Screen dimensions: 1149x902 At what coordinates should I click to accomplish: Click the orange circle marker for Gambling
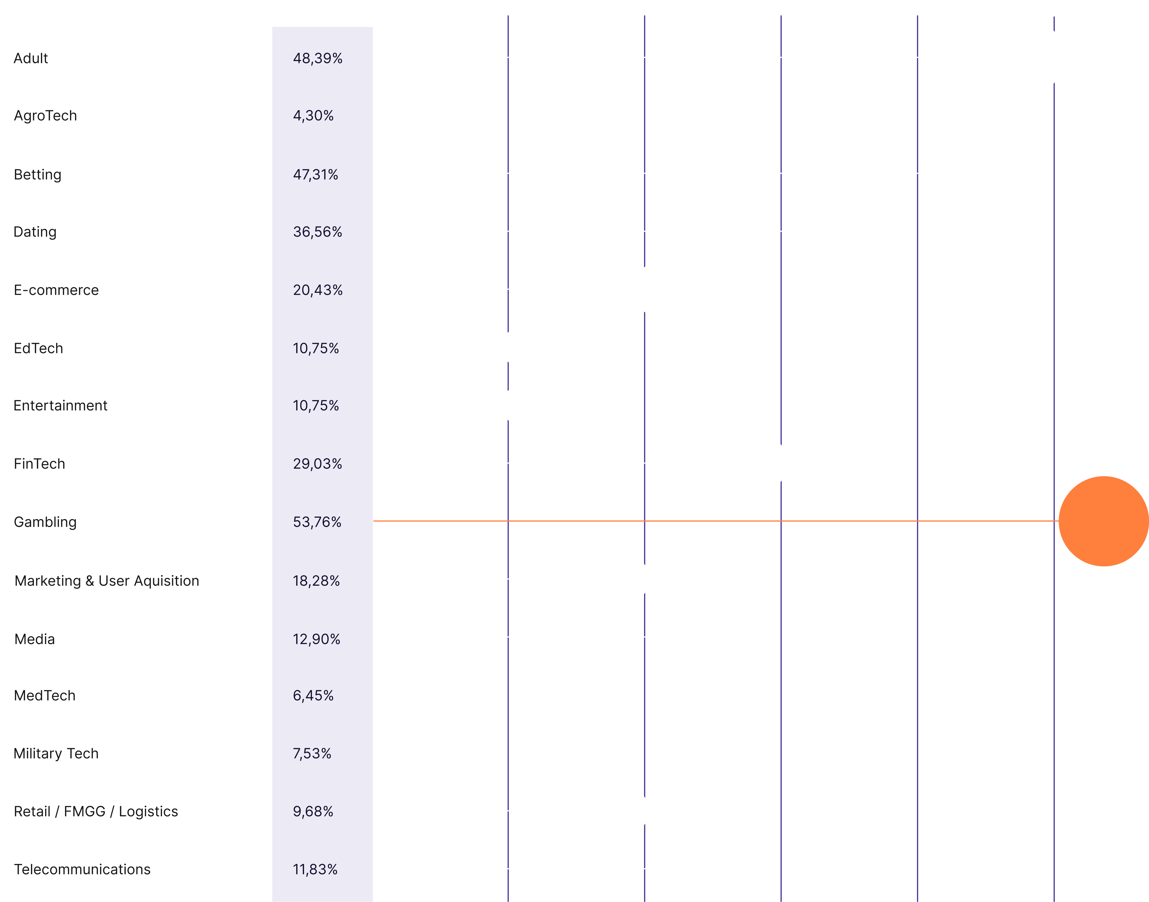(x=1104, y=521)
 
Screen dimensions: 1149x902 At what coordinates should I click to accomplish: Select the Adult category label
(x=31, y=58)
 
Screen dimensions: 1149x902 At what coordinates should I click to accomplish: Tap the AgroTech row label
(x=45, y=116)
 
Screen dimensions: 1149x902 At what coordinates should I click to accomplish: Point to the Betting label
(x=38, y=175)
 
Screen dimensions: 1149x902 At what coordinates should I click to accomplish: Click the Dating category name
(x=35, y=232)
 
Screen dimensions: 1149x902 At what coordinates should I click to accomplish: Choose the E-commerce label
(x=56, y=290)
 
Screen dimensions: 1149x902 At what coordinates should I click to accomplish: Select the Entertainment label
(x=60, y=406)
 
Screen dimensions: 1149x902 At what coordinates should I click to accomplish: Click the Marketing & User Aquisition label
(x=107, y=581)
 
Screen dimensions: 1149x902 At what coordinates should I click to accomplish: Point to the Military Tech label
(x=56, y=754)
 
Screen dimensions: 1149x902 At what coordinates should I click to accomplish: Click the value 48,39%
(x=318, y=58)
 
